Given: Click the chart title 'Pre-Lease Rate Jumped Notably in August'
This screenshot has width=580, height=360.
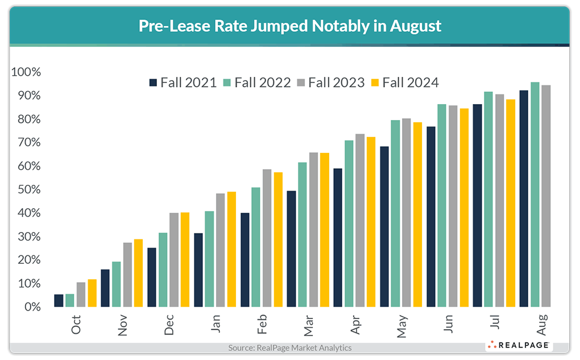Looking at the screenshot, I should [x=290, y=26].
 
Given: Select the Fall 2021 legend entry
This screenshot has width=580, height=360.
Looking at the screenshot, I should [x=183, y=82].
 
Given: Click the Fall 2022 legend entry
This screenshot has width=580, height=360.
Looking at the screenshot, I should [x=256, y=82].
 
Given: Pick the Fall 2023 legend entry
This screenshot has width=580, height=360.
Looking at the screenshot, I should [x=330, y=82].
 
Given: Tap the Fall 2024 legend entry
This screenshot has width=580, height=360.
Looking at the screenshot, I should [x=404, y=82].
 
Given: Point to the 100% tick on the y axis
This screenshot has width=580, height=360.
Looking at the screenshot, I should [x=26, y=72].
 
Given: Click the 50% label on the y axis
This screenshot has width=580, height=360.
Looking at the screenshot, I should [x=28, y=189].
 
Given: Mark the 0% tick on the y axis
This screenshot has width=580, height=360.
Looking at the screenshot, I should [x=31, y=307].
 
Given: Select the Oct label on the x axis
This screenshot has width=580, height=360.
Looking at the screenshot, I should [x=76, y=324].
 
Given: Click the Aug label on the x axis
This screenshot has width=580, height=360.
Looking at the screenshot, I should [x=542, y=324].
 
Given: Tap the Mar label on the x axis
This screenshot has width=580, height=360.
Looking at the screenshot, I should [x=309, y=324].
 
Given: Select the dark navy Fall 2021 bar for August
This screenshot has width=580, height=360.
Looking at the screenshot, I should [x=524, y=198].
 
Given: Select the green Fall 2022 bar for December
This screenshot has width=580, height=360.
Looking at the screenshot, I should [x=163, y=270].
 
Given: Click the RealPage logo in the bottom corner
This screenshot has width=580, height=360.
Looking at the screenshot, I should [x=518, y=345].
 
